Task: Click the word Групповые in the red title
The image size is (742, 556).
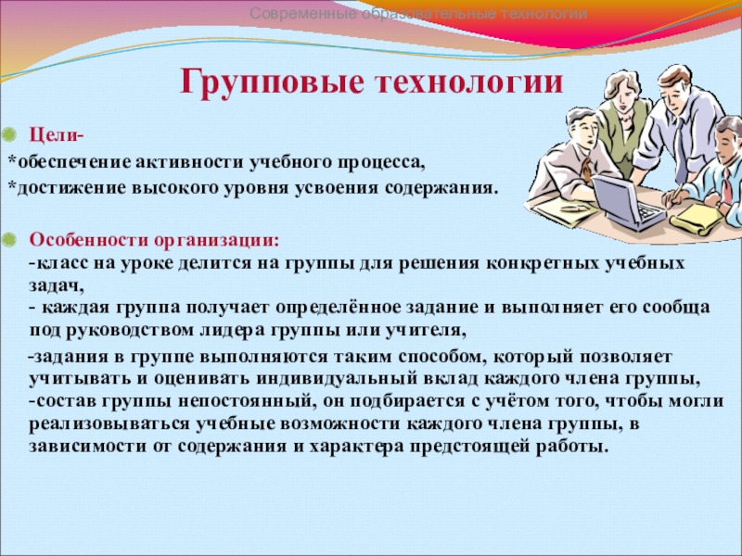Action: point(272,82)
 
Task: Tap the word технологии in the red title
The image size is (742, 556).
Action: point(470,82)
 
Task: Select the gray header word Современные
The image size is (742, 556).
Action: point(303,14)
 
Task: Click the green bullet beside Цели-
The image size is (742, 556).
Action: point(9,135)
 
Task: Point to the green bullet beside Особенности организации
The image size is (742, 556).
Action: point(9,240)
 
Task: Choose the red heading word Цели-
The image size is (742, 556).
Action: point(57,135)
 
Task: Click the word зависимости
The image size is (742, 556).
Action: point(87,447)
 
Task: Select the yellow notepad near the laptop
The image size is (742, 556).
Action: point(697,219)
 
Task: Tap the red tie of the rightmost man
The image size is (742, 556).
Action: point(727,185)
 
